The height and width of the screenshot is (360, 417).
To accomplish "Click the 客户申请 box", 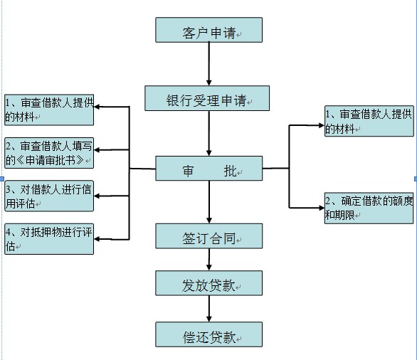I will [x=208, y=31].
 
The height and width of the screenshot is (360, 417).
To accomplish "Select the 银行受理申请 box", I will [x=207, y=98].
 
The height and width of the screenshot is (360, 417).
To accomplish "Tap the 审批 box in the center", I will [x=208, y=169].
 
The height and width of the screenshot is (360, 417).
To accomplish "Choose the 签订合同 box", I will [x=208, y=235].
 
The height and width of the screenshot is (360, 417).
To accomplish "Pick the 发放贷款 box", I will [x=208, y=283].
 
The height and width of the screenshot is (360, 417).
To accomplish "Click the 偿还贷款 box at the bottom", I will [x=208, y=334].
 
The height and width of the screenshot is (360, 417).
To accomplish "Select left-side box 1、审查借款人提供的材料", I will [x=48, y=108].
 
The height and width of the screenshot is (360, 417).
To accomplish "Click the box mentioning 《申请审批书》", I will [x=48, y=152].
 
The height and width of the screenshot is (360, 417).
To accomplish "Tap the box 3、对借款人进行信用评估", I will [x=48, y=196].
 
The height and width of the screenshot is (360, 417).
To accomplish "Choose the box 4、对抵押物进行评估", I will [x=48, y=238].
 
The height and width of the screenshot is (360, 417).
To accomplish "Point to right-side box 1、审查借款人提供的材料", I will [x=369, y=121].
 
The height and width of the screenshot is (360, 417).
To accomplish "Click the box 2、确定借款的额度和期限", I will [x=369, y=207].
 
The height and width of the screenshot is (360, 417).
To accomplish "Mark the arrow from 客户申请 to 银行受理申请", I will [x=208, y=64].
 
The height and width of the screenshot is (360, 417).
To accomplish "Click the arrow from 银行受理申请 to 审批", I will [x=208, y=133].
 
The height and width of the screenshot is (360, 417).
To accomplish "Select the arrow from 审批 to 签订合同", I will [x=208, y=202].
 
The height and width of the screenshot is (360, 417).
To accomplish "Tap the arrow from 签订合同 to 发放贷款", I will [x=208, y=260].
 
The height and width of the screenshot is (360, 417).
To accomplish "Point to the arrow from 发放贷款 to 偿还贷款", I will [x=208, y=308].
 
